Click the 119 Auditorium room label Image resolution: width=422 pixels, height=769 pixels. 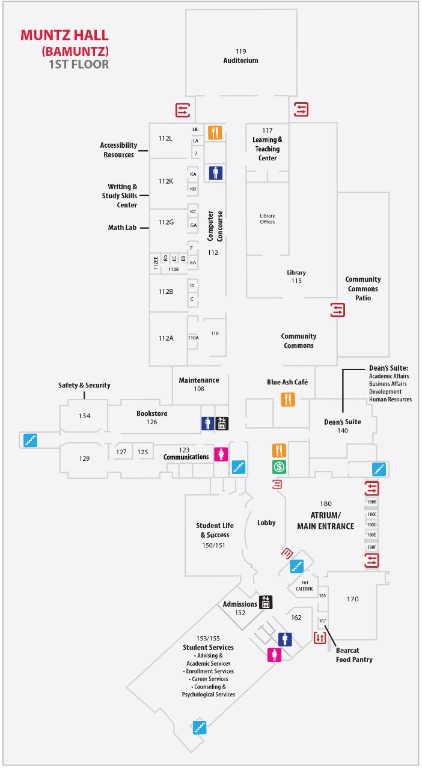(240, 56)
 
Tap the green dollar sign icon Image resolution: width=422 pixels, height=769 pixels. (280, 466)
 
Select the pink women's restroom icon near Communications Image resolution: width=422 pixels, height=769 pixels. (221, 454)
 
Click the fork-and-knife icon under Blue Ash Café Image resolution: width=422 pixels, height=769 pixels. (289, 399)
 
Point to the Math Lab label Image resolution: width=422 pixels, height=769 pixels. (122, 228)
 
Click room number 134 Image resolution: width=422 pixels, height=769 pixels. (84, 416)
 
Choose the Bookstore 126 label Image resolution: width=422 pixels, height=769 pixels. (151, 418)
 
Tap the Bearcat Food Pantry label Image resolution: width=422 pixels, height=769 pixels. (354, 655)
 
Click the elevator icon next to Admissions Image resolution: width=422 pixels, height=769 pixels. (266, 602)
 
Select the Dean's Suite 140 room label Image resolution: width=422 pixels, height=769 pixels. (343, 426)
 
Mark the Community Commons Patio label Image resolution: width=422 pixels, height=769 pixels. (363, 288)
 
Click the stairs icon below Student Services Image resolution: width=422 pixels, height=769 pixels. (200, 727)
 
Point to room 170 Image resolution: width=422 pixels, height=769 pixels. (353, 598)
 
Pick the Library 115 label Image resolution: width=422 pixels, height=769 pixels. (296, 276)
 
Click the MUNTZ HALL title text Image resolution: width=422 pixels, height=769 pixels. (65, 35)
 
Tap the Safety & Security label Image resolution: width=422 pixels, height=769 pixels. (84, 385)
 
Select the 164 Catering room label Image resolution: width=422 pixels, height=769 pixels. (305, 586)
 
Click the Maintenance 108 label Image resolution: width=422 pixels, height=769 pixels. (199, 384)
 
